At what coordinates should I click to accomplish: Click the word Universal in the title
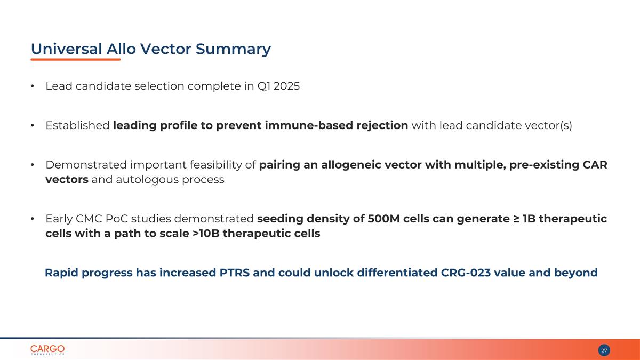(x=66, y=49)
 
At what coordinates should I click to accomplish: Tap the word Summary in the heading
(x=233, y=50)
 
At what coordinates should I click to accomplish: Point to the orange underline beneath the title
(x=76, y=59)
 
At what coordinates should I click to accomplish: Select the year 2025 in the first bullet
(x=286, y=86)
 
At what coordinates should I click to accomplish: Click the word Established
(x=77, y=125)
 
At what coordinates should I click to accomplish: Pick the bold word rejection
(x=382, y=126)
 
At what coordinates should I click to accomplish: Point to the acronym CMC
(x=89, y=219)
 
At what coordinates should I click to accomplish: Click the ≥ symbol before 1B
(x=516, y=219)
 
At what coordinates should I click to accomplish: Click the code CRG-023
(x=466, y=273)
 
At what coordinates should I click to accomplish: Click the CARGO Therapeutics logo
(x=47, y=350)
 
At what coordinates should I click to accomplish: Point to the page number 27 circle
(x=604, y=350)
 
